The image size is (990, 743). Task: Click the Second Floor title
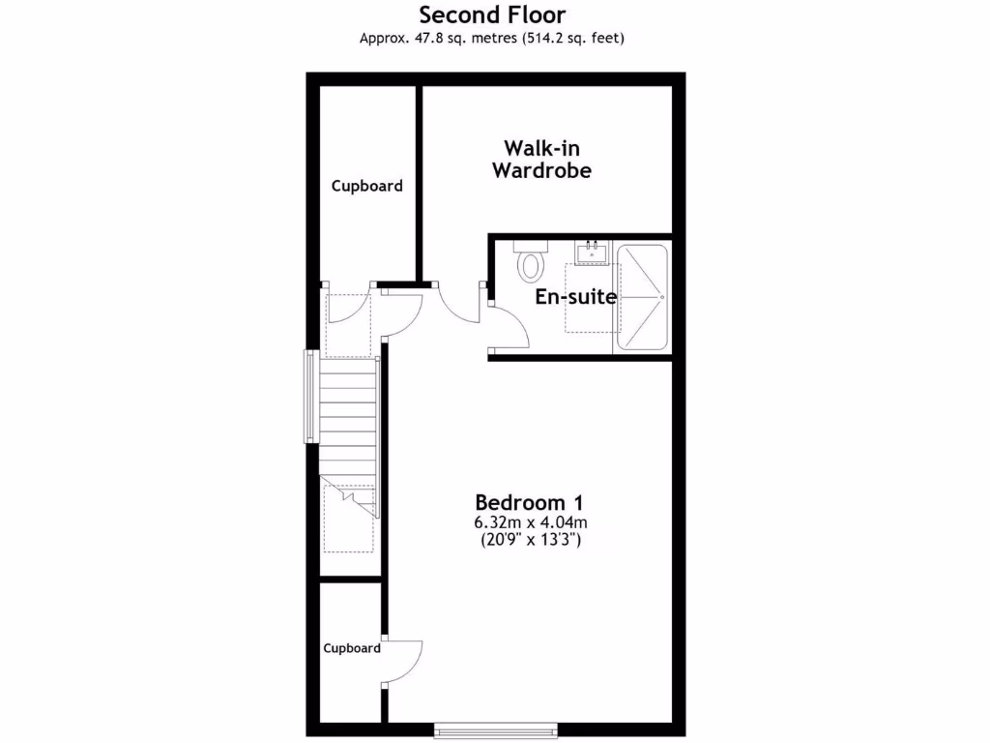point(492,15)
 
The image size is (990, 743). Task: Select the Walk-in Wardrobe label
point(541,160)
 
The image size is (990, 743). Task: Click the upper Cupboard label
point(367,186)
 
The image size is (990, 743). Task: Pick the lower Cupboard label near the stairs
point(352,648)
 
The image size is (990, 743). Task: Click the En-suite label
point(576,297)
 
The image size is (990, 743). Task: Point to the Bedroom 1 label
point(529,503)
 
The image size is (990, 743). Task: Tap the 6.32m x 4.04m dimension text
point(530,523)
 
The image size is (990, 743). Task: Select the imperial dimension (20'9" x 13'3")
point(530,541)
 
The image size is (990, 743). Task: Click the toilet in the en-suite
point(531,262)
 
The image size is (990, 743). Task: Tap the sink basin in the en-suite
point(591,254)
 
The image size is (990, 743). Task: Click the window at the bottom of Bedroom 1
point(496,728)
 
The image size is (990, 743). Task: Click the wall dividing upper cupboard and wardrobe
point(420,184)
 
